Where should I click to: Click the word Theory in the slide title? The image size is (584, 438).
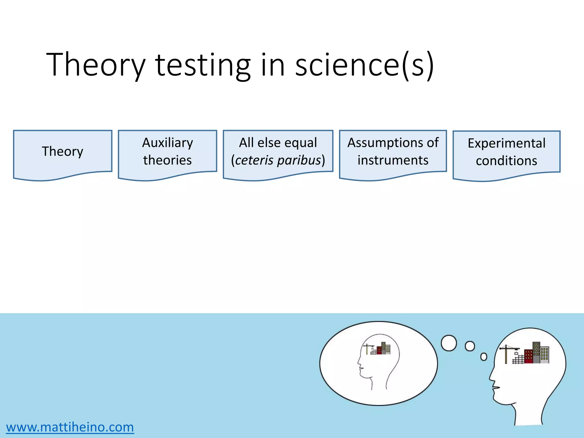(96, 65)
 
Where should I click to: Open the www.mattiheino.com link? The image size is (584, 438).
(70, 427)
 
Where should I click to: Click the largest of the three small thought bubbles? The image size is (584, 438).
(449, 343)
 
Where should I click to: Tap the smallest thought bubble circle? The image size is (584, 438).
(484, 357)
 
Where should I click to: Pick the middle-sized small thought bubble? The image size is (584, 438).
(470, 346)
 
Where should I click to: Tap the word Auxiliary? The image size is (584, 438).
(167, 143)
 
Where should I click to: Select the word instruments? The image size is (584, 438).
(393, 160)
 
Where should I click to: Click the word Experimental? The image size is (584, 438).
(506, 143)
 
